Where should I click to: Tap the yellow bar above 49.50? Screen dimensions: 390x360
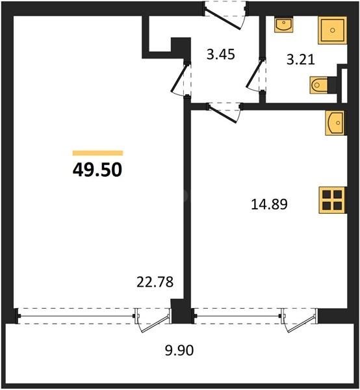[97, 153]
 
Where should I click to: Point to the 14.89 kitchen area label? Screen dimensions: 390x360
[269, 205]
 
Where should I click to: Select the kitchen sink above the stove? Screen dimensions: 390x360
[333, 122]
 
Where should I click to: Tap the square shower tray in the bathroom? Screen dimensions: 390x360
[334, 31]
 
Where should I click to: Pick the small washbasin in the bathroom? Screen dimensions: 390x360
[283, 25]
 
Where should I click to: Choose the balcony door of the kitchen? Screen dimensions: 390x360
[296, 320]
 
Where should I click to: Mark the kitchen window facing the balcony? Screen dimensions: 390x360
[237, 316]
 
